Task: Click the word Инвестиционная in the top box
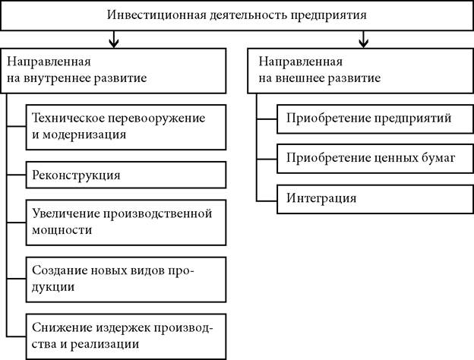pyautogui.click(x=156, y=15)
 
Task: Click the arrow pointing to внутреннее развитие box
pyautogui.click(x=114, y=39)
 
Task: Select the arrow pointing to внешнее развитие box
pyautogui.click(x=363, y=39)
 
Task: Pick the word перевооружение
pyautogui.click(x=156, y=118)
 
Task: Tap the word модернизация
pyautogui.click(x=84, y=135)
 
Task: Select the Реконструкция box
pyautogui.click(x=126, y=175)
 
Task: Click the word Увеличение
pyautogui.click(x=66, y=213)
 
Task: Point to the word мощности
pyautogui.click(x=62, y=230)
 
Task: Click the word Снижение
pyautogui.click(x=59, y=327)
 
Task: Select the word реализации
pyautogui.click(x=105, y=345)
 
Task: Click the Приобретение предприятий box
pyautogui.click(x=375, y=119)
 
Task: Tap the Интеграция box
pyautogui.click(x=375, y=199)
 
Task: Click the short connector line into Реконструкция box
pyautogui.click(x=16, y=175)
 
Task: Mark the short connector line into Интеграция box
pyautogui.click(x=267, y=201)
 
